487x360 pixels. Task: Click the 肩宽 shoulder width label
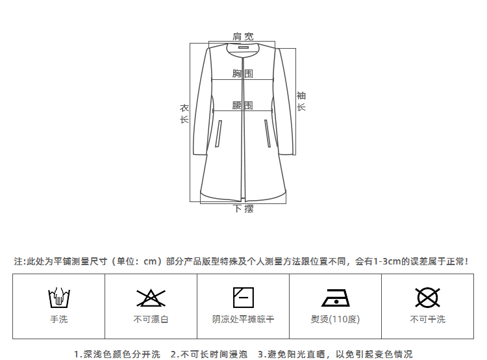[x=243, y=36]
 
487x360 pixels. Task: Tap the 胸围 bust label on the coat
[x=243, y=74]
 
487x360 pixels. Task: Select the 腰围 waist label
[x=243, y=105]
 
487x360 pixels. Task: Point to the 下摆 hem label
[x=243, y=209]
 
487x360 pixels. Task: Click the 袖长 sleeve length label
[x=301, y=101]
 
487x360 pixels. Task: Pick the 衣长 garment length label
[x=184, y=114]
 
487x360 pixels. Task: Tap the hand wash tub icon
[x=58, y=298]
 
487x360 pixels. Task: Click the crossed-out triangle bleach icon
[x=151, y=298]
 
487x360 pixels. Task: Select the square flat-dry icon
[x=243, y=297]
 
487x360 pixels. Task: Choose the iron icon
[x=335, y=298]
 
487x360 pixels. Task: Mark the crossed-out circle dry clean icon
[x=427, y=298]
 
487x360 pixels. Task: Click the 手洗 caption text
[x=58, y=319]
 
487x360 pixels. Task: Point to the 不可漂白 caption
[x=151, y=319]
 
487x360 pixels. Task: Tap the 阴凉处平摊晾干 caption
[x=243, y=319]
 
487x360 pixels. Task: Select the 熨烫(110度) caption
[x=335, y=319]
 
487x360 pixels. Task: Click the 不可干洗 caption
[x=427, y=319]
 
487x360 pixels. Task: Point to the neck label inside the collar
[x=243, y=47]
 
